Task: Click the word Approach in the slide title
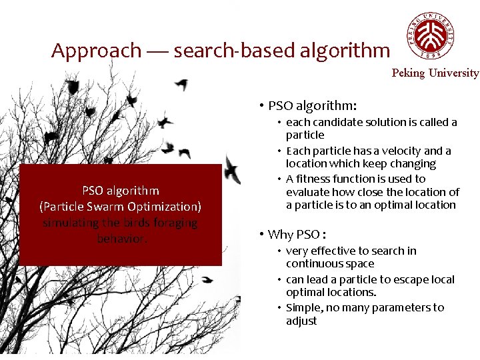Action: [x=96, y=51]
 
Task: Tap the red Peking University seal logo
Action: [x=433, y=37]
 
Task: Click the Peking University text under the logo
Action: [x=435, y=73]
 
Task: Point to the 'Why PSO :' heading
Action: [x=297, y=234]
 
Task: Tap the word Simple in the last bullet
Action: [x=302, y=307]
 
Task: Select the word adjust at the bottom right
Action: [x=301, y=321]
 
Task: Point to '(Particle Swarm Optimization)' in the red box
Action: [x=120, y=206]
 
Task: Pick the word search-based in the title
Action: [x=231, y=51]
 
